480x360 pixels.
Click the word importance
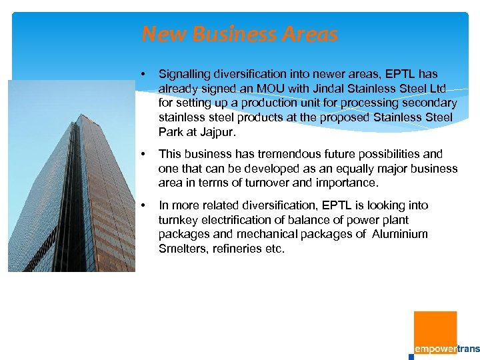point(349,183)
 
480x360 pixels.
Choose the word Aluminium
point(400,235)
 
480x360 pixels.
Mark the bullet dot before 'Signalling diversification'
point(143,74)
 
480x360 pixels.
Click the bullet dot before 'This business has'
point(143,154)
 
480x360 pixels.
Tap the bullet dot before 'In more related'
point(143,205)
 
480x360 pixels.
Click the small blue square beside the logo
point(411,357)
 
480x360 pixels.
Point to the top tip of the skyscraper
point(81,115)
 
